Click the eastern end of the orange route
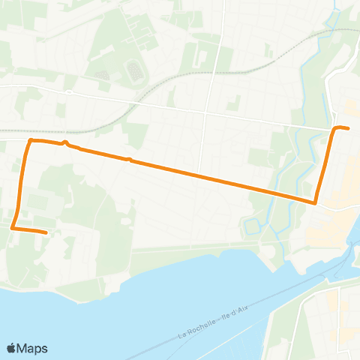pos(349,128)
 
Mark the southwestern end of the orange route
pos(46,232)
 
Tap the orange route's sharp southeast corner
pos(316,202)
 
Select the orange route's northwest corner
pos(30,140)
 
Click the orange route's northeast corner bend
pos(335,127)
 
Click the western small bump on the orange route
pos(66,142)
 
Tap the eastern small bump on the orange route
pos(130,160)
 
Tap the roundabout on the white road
pos(67,92)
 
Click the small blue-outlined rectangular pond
pos(252,226)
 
